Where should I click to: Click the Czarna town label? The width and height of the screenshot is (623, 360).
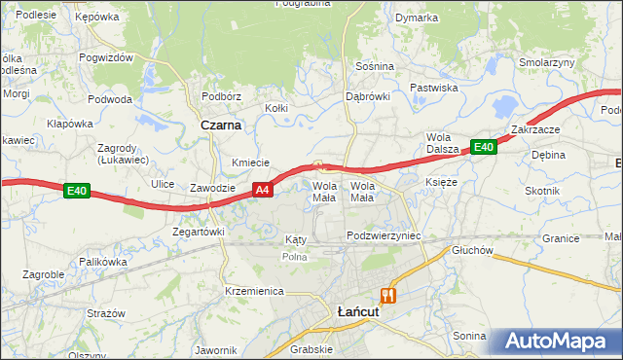point(221,126)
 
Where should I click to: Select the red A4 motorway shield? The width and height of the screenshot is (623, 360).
point(262,190)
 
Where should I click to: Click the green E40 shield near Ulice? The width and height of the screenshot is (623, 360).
point(78,192)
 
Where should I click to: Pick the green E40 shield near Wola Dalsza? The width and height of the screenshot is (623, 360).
point(484,147)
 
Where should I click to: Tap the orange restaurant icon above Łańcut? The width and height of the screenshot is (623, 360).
point(388,295)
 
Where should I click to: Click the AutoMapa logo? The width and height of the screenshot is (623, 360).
point(554,342)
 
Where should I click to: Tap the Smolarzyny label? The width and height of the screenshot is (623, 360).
point(547,62)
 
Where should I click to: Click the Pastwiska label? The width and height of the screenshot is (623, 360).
point(433,88)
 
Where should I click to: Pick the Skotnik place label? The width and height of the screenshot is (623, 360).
point(541,191)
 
